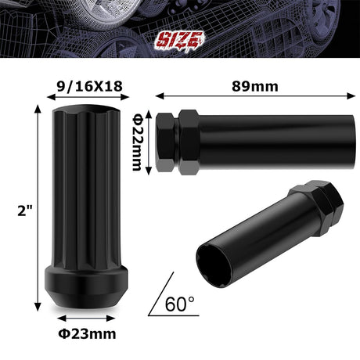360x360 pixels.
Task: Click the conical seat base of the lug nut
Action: coord(81,297)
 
